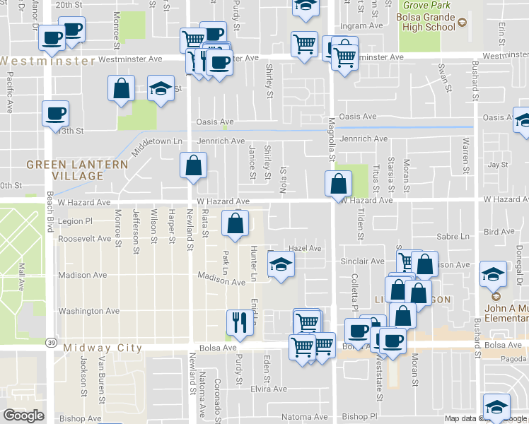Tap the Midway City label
click(x=103, y=348)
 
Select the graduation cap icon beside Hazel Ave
click(x=281, y=264)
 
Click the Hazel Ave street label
click(x=306, y=249)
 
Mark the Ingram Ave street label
click(x=361, y=26)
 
